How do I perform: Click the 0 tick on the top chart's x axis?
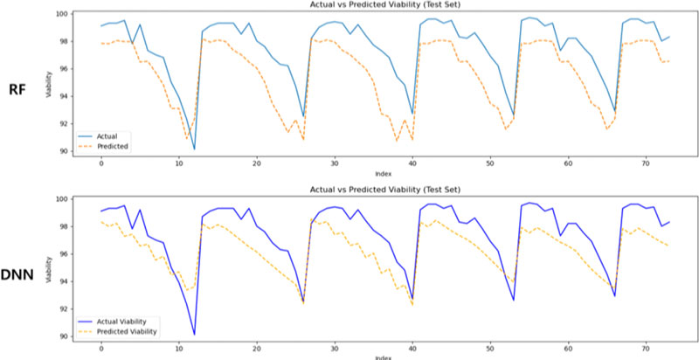(x=101, y=163)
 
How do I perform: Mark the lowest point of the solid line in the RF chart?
(x=194, y=149)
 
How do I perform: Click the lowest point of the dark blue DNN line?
(x=194, y=335)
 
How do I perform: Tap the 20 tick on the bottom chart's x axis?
(x=257, y=348)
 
